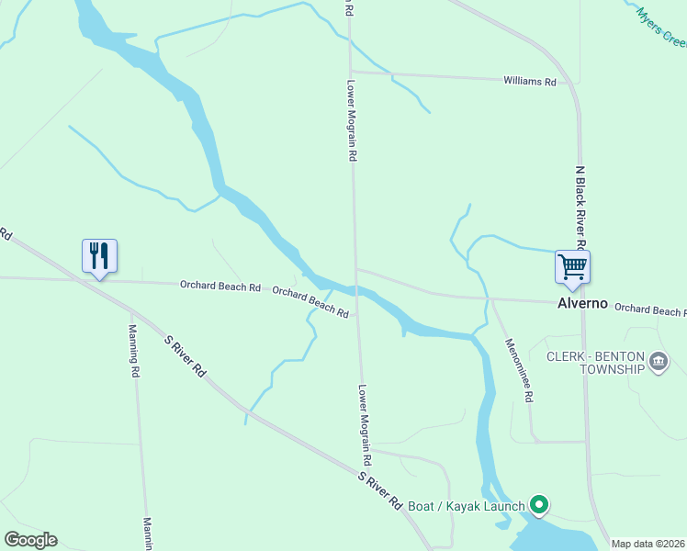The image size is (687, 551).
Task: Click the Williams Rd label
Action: (530, 82)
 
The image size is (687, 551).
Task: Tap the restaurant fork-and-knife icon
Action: (99, 255)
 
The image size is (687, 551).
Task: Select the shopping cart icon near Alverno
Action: (572, 267)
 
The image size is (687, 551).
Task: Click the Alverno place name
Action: (583, 303)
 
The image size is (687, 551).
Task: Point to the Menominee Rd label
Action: (519, 370)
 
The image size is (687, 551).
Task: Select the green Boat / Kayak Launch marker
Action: (540, 505)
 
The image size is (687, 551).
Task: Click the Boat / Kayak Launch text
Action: (466, 506)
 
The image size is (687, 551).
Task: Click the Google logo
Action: (30, 540)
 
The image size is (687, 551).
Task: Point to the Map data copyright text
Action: (648, 544)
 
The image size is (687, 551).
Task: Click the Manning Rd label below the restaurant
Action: (134, 351)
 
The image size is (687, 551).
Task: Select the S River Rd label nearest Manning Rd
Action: (185, 354)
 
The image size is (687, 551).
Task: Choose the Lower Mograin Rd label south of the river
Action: (365, 423)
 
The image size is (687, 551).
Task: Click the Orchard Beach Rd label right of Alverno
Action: (649, 310)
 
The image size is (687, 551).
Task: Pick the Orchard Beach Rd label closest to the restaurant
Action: (220, 287)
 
